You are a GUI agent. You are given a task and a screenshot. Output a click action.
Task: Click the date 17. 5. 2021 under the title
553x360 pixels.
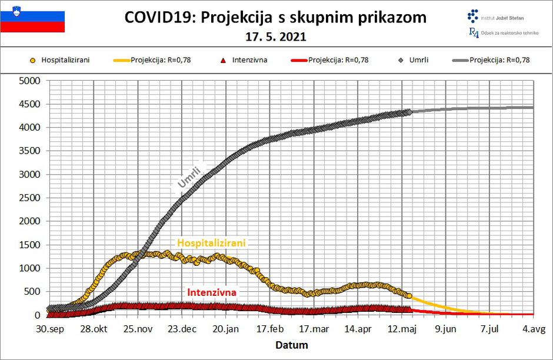(276, 36)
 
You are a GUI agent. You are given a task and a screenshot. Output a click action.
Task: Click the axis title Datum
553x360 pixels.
(291, 345)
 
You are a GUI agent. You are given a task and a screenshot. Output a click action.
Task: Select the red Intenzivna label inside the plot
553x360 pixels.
(212, 292)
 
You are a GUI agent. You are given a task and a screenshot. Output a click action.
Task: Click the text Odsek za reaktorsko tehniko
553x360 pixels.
(509, 33)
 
